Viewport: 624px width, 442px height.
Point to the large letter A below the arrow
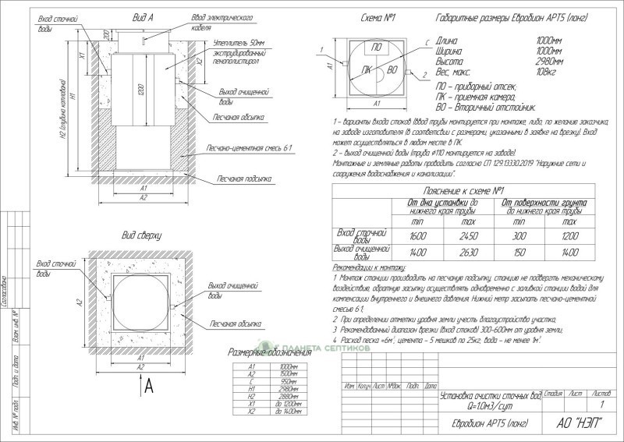coord(148,385)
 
